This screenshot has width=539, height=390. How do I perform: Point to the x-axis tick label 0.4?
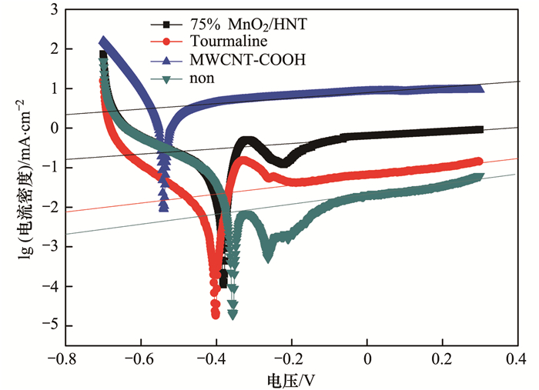point(515,358)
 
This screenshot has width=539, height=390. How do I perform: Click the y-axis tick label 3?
point(52,10)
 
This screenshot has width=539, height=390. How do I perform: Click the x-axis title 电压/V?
point(293,379)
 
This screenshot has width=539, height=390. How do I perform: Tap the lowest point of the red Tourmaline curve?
point(216,314)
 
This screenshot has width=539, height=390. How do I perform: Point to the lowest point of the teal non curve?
point(233,314)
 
